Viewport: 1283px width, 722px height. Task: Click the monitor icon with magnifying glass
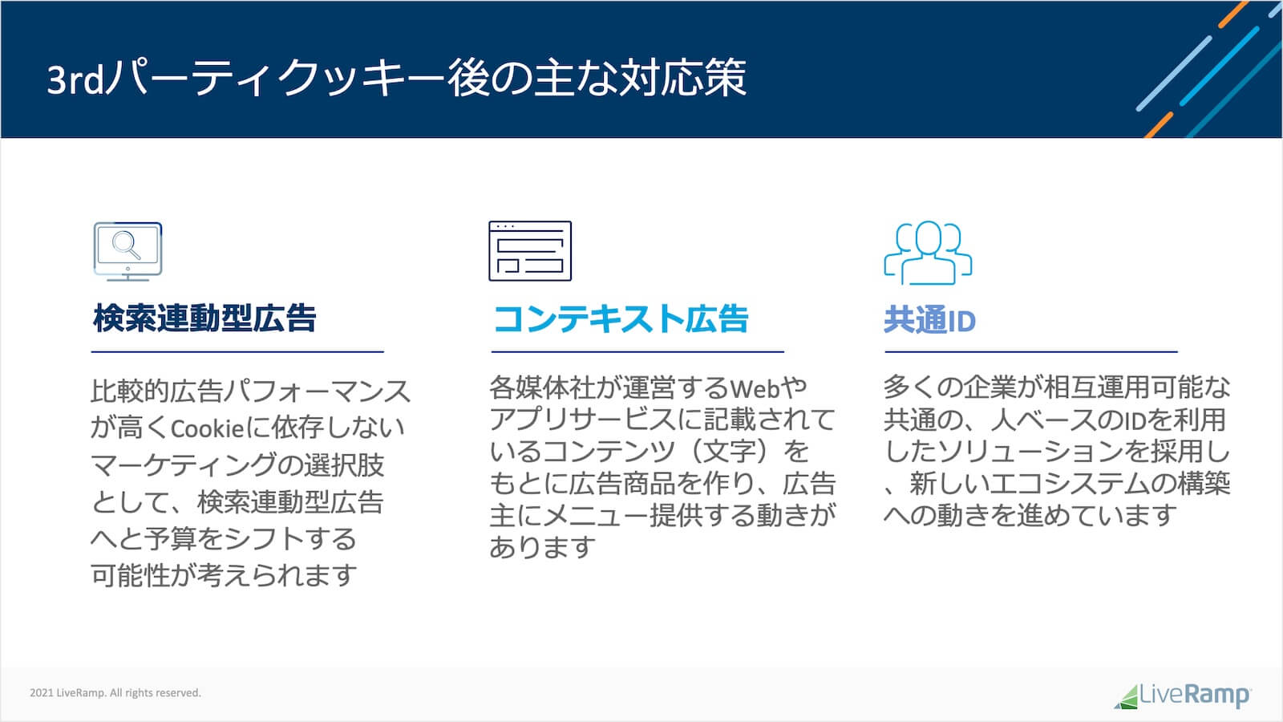tap(127, 250)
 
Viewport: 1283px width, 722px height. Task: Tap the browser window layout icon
tap(530, 251)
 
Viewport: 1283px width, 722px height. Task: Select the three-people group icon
tap(928, 252)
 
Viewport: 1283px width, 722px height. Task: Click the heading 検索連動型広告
tap(205, 318)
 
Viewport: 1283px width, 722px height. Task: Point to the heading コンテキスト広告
tap(621, 318)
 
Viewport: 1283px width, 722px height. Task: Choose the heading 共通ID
tap(929, 321)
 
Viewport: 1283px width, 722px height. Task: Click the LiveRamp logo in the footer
tap(1182, 695)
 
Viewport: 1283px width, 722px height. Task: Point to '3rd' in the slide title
tap(76, 79)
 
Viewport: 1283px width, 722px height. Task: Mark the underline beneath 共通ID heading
tap(1030, 351)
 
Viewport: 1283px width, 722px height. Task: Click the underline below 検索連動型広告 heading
tap(237, 351)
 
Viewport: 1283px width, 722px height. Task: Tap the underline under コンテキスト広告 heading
tap(637, 351)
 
